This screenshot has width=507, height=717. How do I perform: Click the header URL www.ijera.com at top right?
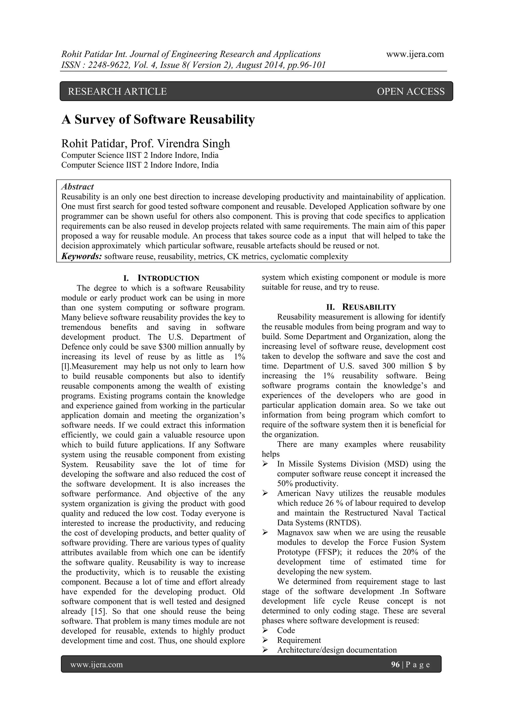pyautogui.click(x=415, y=54)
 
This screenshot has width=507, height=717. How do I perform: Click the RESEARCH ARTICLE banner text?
pyautogui.click(x=117, y=91)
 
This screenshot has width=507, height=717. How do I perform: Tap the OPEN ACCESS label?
pyautogui.click(x=410, y=91)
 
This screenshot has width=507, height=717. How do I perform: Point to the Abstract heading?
pyautogui.click(x=77, y=187)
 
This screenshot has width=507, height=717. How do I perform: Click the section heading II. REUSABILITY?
pyautogui.click(x=361, y=307)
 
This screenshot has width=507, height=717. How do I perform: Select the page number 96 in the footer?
pyautogui.click(x=395, y=664)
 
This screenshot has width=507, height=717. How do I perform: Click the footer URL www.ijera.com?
pyautogui.click(x=97, y=664)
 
